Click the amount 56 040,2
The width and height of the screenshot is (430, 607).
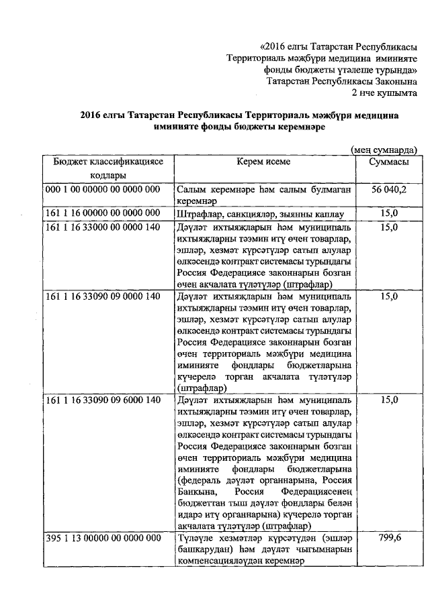click(389, 190)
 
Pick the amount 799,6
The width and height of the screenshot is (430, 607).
click(390, 538)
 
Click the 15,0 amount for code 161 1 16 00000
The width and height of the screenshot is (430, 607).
click(390, 214)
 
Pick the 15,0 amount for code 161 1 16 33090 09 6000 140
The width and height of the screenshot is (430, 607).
click(390, 400)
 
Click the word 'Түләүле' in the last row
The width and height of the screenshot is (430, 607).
click(197, 538)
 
